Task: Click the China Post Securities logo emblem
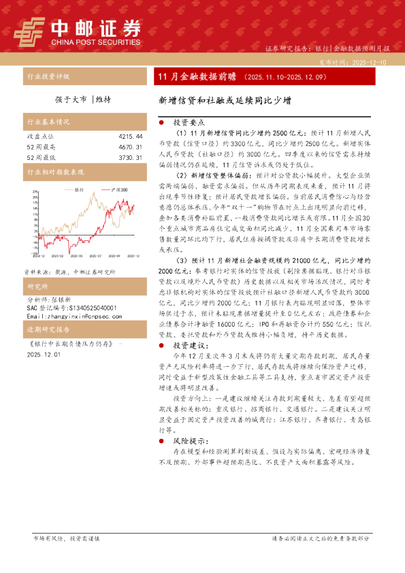[31, 31]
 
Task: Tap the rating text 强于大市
[71, 99]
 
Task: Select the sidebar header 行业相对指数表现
[55, 173]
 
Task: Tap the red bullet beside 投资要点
[159, 121]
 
